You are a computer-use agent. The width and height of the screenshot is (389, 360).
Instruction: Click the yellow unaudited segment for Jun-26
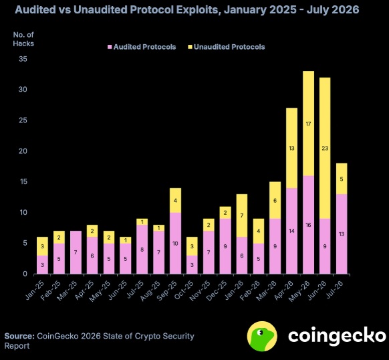[325, 148]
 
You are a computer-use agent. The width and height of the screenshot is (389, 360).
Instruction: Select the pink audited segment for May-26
[308, 225]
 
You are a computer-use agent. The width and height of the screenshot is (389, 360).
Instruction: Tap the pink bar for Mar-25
[76, 252]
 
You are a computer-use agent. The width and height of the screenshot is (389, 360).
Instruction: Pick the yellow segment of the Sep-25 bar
[175, 200]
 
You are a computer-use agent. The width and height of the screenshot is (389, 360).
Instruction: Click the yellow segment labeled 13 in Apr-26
[291, 148]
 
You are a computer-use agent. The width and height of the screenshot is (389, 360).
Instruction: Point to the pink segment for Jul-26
[342, 234]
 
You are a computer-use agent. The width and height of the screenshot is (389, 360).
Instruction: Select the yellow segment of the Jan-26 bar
[242, 215]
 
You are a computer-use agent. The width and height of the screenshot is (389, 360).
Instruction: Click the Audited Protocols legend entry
[142, 47]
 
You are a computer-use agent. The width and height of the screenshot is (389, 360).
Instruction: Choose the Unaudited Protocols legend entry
[227, 47]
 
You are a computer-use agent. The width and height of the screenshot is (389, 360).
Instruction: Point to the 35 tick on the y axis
[23, 59]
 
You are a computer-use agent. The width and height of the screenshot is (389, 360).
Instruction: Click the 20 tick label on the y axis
[23, 151]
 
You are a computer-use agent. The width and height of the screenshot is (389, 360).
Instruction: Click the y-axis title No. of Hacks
[23, 39]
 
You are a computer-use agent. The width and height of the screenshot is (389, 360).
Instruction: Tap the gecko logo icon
[262, 336]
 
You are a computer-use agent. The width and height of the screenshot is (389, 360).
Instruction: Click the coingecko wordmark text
[337, 336]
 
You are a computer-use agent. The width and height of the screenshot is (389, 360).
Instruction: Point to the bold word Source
[19, 336]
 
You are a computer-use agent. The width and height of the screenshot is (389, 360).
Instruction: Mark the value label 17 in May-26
[308, 124]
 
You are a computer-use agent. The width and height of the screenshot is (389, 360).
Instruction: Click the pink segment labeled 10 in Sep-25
[175, 244]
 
